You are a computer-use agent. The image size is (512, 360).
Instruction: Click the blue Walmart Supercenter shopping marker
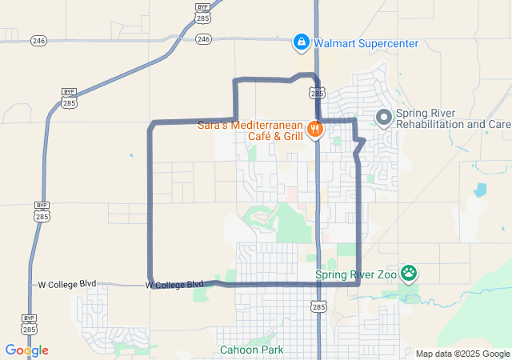pos(301,42)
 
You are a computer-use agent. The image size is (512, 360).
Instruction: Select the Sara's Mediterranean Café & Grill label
pos(251,130)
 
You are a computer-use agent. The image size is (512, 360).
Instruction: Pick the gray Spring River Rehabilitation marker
pos(383,118)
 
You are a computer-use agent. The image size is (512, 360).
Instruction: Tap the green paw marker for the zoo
pos(410,274)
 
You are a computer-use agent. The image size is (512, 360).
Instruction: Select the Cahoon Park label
pos(251,350)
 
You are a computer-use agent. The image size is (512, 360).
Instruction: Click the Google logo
pos(26,350)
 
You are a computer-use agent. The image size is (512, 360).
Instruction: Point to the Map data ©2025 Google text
pos(462,354)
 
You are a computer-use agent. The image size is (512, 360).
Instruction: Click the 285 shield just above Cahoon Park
pos(318,306)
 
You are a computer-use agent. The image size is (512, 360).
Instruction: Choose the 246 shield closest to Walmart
pos(203,38)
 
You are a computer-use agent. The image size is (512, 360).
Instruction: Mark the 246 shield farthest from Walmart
pos(38,40)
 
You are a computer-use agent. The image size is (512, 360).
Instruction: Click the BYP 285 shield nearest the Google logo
pos(30,324)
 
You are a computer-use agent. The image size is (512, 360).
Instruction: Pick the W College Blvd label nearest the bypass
pos(67,284)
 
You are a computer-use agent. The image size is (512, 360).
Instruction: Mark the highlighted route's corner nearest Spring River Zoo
pos(358,283)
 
